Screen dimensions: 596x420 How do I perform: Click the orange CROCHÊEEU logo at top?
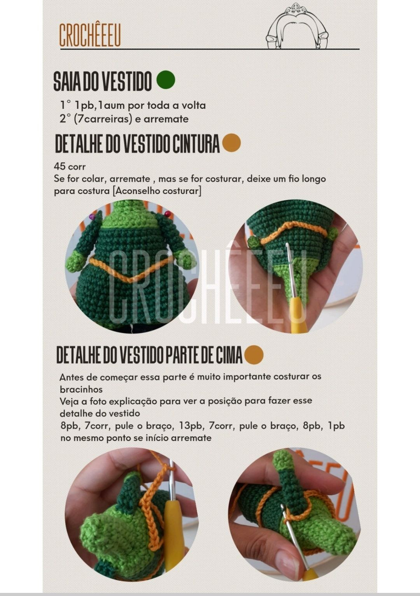(x=90, y=35)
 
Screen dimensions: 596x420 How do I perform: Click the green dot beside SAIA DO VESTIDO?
(x=166, y=80)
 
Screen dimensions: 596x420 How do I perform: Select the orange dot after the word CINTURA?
(x=231, y=143)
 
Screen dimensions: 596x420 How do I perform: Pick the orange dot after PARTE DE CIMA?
(x=254, y=355)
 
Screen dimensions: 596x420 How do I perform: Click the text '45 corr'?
(x=70, y=166)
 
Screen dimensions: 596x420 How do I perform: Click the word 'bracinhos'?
(x=81, y=389)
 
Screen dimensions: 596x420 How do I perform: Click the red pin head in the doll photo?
(x=168, y=213)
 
